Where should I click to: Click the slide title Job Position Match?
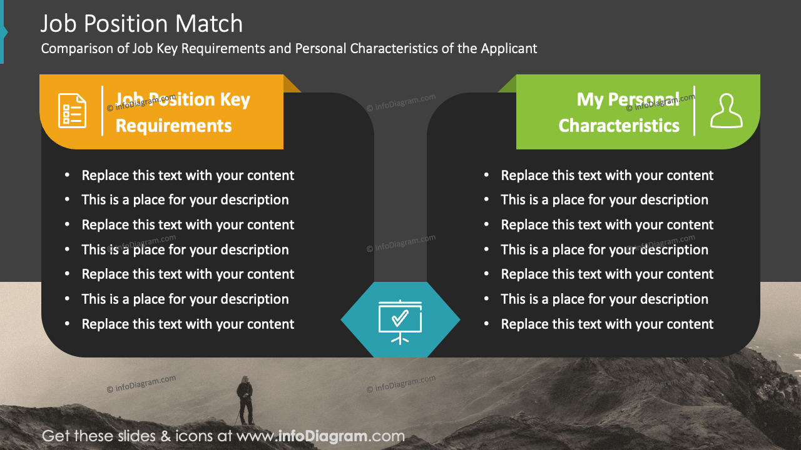point(141,24)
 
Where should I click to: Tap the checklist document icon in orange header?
point(72,111)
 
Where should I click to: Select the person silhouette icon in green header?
point(726,111)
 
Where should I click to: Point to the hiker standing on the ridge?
point(245,399)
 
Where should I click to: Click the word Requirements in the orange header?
point(173,126)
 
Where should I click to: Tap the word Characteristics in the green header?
point(619,126)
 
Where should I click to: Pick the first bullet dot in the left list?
point(68,176)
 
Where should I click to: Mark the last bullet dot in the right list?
point(487,324)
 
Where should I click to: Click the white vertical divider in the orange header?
point(103,111)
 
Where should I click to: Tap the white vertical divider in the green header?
point(695,111)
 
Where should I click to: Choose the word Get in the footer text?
point(54,436)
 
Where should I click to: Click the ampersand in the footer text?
point(166,436)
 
